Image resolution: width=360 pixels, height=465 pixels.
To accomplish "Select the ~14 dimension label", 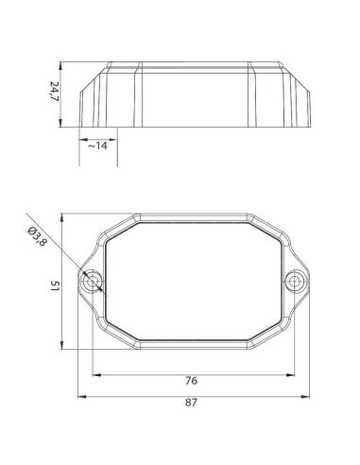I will tap(97, 146).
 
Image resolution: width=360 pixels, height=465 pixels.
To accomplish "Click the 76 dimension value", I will tap(191, 381).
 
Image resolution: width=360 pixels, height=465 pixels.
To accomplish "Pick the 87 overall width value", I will tap(191, 404).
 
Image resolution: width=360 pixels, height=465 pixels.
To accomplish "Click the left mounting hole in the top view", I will tap(93, 281).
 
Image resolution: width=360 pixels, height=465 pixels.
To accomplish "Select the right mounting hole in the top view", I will tap(297, 281).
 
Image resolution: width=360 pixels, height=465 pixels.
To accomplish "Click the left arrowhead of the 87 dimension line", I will tap(80, 395).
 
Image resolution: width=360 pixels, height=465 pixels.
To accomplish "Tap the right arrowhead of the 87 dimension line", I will tap(308, 395).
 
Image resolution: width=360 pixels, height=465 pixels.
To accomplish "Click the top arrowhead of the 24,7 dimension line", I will tap(63, 66).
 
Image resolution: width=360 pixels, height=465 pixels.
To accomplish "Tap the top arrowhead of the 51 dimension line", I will tap(63, 215).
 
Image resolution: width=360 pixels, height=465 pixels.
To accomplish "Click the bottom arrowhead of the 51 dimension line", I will tap(63, 346).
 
